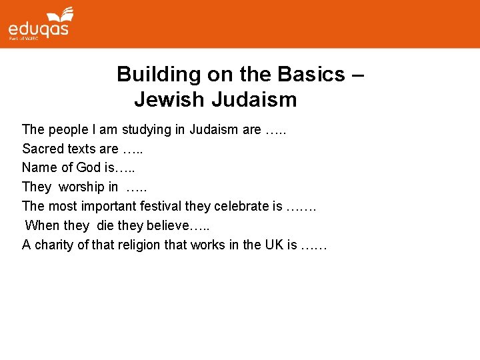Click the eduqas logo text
tap(38, 29)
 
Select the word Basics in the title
tap(311, 74)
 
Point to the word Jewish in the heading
tap(169, 100)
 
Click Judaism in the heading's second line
tap(254, 100)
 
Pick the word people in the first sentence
tap(64, 129)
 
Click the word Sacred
tap(42, 149)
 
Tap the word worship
tap(81, 187)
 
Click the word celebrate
tap(245, 206)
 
